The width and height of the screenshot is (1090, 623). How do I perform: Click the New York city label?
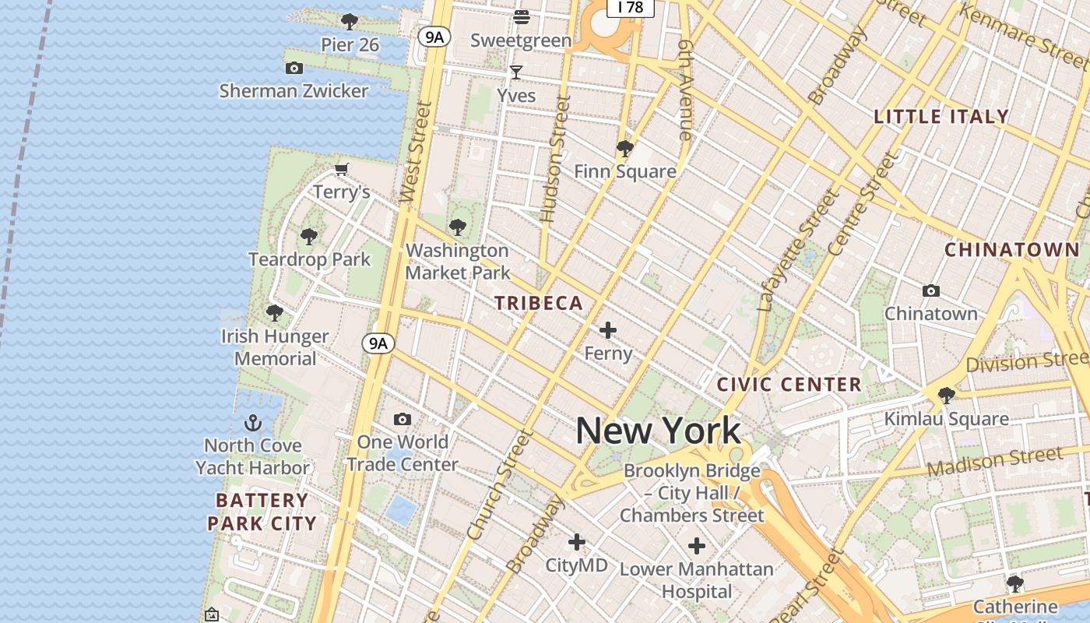click(x=659, y=431)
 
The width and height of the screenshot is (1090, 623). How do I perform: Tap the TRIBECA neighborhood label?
click(x=539, y=304)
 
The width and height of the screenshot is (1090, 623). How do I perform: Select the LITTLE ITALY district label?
click(x=941, y=117)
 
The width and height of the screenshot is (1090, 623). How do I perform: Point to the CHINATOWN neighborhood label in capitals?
click(x=1012, y=250)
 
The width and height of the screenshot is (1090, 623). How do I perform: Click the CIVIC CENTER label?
click(x=789, y=384)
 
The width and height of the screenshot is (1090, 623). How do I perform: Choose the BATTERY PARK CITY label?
click(x=262, y=512)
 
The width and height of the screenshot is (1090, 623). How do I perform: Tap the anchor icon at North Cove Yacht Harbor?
click(x=253, y=423)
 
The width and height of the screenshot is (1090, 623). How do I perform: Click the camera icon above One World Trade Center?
click(x=403, y=420)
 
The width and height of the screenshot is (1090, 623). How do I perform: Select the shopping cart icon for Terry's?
click(x=341, y=169)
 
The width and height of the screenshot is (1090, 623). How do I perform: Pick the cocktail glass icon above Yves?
click(x=516, y=72)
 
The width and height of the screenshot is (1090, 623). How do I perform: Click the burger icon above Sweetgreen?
click(x=521, y=16)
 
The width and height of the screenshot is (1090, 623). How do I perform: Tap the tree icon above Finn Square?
click(x=624, y=148)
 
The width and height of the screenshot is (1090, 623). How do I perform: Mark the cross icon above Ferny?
click(x=608, y=331)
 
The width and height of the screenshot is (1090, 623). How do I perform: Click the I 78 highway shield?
click(x=630, y=7)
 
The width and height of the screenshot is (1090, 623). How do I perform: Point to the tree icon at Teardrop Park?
click(x=309, y=236)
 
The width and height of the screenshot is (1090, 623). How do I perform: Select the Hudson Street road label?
click(x=554, y=160)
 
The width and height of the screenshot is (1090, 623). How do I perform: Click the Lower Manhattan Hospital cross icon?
click(x=697, y=546)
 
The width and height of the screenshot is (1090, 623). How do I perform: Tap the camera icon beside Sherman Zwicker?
click(x=294, y=68)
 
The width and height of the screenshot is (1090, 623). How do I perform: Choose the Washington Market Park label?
click(x=458, y=262)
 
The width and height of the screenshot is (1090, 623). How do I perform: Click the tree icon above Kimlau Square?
click(x=946, y=395)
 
